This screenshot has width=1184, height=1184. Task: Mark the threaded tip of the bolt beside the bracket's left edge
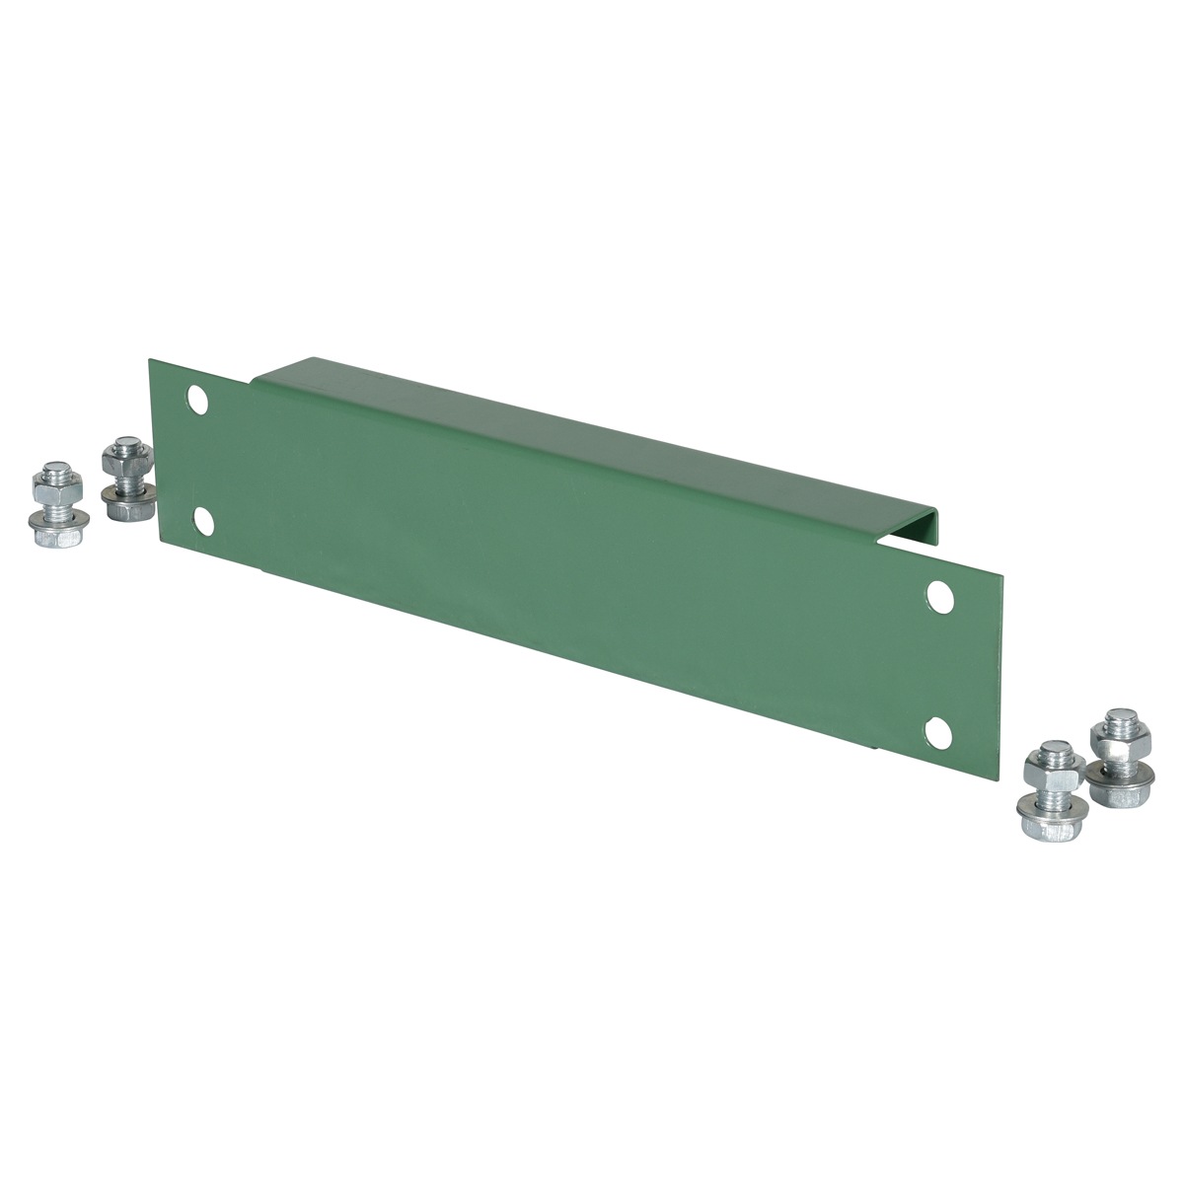point(122,442)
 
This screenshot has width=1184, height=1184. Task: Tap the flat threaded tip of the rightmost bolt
point(1118,712)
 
